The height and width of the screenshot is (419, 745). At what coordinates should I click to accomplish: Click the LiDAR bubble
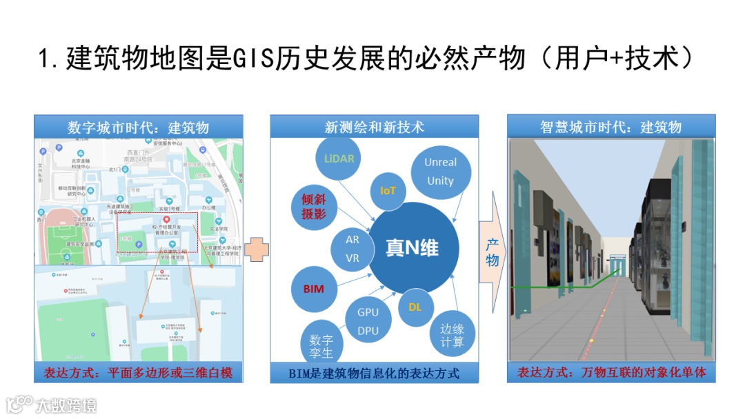coord(339,158)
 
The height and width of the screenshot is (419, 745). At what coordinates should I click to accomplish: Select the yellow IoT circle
coord(388,190)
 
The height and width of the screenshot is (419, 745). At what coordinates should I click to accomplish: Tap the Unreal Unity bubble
coord(440,172)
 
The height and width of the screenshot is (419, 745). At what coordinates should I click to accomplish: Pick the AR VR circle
coord(352,249)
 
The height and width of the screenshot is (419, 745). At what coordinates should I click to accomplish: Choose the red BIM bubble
coord(313,289)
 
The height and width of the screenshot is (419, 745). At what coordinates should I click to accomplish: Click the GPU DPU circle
coord(368,321)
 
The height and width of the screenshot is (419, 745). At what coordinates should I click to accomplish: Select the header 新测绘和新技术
coord(374,127)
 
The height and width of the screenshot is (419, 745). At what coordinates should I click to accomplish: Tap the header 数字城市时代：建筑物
coord(138,127)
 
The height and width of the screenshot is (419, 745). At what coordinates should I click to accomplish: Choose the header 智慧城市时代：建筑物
coord(610,127)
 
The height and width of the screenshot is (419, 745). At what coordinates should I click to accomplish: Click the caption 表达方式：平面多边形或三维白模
coord(138,373)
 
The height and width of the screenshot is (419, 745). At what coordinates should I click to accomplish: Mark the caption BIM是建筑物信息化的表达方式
coord(374,374)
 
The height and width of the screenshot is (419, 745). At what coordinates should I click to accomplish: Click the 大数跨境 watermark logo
coord(52,404)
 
